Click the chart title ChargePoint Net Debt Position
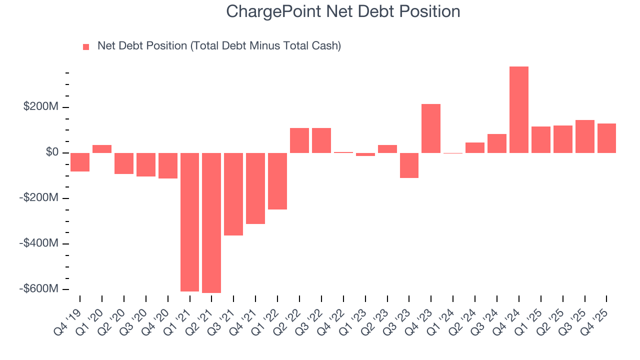(x=343, y=11)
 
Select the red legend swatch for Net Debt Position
(x=86, y=47)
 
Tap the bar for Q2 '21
(x=211, y=222)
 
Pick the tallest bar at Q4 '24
(x=519, y=109)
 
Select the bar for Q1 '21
(x=189, y=222)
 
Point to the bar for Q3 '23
(x=409, y=165)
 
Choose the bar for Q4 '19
(x=80, y=162)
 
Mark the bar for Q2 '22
(x=299, y=140)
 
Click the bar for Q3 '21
(x=233, y=194)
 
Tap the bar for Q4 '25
(x=606, y=138)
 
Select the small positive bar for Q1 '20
(x=102, y=148)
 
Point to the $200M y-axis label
(x=40, y=107)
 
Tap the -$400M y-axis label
(x=39, y=243)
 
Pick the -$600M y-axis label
(x=39, y=289)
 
